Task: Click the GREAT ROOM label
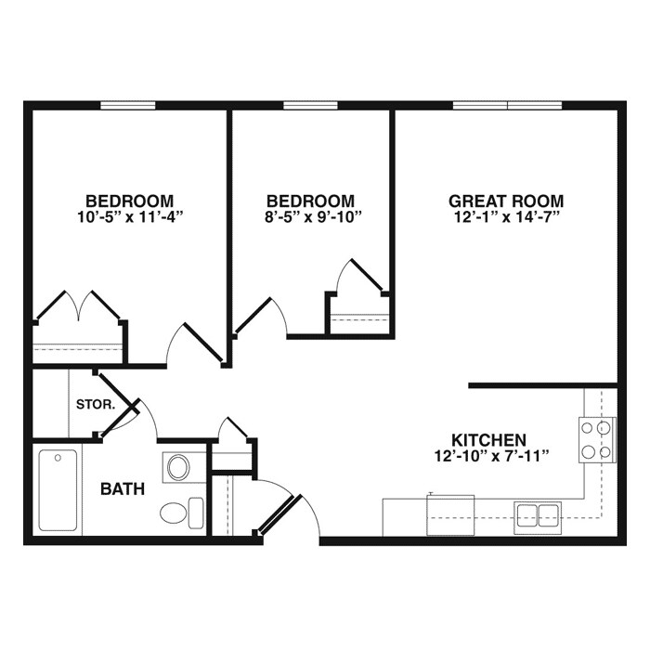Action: [x=506, y=201]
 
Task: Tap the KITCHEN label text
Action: [x=489, y=439]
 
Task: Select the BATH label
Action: [x=123, y=488]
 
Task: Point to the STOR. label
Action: [x=96, y=405]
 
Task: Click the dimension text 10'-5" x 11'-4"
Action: [x=129, y=218]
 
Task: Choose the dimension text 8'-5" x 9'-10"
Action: [x=310, y=218]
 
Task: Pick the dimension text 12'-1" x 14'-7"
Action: [x=506, y=218]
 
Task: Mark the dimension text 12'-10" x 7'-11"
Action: [x=489, y=456]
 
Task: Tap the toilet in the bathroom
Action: [x=180, y=512]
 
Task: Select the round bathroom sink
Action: [x=178, y=467]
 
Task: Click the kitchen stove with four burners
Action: [x=597, y=440]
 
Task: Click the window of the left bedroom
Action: [x=127, y=105]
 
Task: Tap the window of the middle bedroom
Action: [x=310, y=105]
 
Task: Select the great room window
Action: [x=507, y=105]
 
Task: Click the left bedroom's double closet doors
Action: [x=79, y=305]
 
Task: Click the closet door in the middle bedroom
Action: [x=358, y=278]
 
